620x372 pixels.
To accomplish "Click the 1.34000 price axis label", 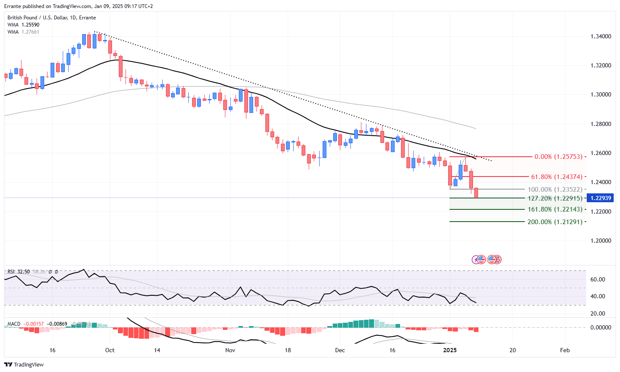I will [601, 37].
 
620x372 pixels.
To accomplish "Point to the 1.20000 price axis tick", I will [601, 241].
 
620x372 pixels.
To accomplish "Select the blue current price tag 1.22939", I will [601, 198].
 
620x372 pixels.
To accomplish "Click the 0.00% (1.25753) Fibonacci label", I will [559, 157].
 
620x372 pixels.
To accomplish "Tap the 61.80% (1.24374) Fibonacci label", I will [557, 177].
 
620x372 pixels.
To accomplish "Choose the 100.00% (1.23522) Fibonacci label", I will [555, 190].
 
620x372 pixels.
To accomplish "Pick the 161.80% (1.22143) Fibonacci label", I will [555, 209].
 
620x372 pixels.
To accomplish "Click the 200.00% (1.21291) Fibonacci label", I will [555, 222].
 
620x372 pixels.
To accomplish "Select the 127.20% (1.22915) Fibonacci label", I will [555, 198].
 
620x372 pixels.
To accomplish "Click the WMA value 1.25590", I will [30, 25].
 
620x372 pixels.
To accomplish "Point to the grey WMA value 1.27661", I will [30, 32].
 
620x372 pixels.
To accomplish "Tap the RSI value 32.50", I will [24, 272].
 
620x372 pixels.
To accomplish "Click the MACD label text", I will [14, 324].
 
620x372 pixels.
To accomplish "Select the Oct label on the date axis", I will [110, 350].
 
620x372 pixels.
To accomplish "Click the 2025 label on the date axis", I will [450, 350].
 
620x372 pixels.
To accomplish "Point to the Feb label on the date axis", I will [565, 350].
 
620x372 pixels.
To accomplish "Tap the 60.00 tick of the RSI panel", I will [598, 279].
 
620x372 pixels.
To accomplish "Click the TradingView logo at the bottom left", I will [24, 364].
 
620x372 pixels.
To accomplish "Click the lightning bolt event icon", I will [476, 260].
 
